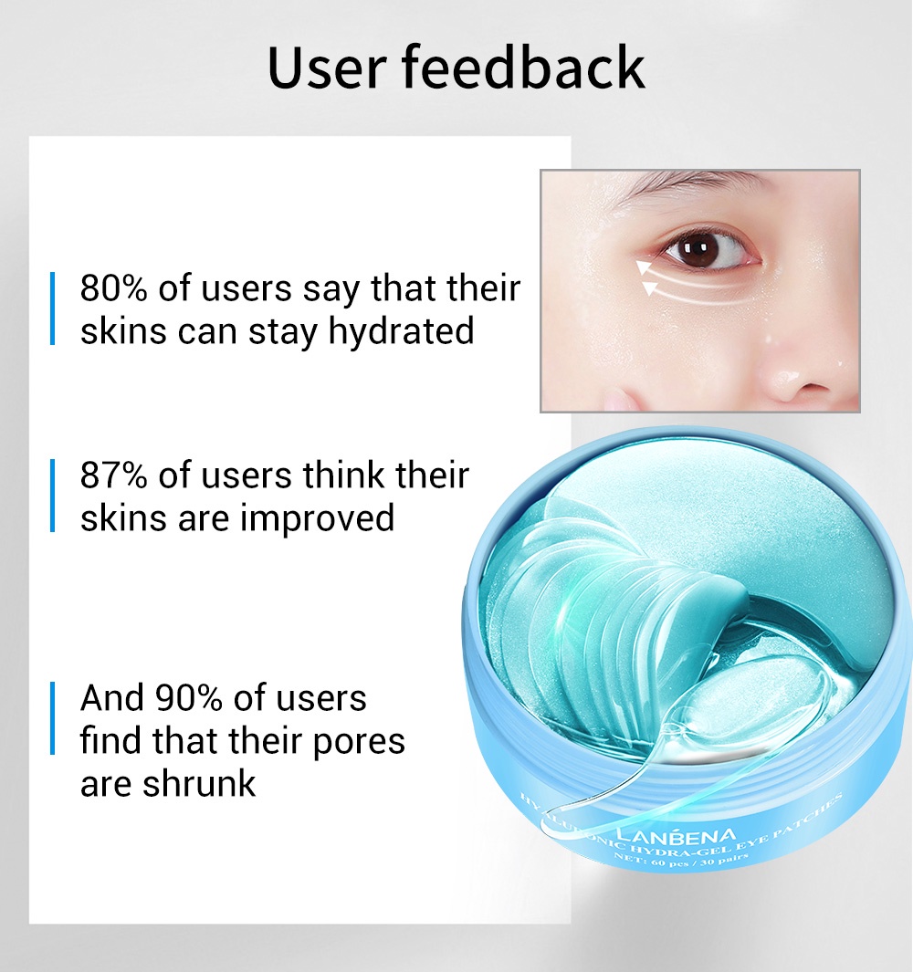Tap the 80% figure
[114, 288]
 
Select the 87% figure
[114, 476]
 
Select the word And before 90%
[112, 698]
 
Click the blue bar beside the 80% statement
[53, 308]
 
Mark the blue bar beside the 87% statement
[53, 496]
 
